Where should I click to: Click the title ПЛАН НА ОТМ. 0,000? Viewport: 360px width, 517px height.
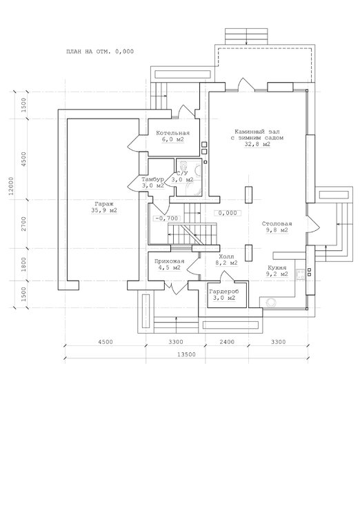click(x=100, y=52)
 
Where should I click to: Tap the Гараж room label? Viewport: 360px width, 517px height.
click(x=104, y=204)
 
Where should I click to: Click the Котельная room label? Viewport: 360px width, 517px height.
click(x=173, y=133)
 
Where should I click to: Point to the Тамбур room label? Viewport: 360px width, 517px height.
click(x=153, y=179)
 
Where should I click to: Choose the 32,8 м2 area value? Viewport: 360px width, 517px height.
click(x=257, y=145)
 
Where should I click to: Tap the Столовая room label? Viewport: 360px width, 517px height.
click(x=277, y=224)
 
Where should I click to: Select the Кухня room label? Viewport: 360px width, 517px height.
click(x=277, y=267)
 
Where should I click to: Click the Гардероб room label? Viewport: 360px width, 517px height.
click(x=223, y=292)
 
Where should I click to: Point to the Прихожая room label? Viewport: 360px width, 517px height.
click(x=169, y=261)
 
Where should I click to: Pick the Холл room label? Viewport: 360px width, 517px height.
click(x=226, y=256)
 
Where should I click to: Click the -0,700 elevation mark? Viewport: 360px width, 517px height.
click(x=167, y=219)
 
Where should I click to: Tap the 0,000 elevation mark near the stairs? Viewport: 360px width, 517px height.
click(x=228, y=213)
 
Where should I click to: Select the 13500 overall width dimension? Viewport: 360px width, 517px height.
click(x=187, y=355)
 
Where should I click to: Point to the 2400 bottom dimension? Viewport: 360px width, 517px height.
click(x=227, y=342)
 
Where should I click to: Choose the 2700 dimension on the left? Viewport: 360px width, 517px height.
click(x=23, y=224)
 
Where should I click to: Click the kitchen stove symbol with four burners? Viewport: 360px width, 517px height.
click(x=301, y=274)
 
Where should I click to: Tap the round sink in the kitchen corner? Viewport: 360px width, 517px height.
click(x=271, y=303)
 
